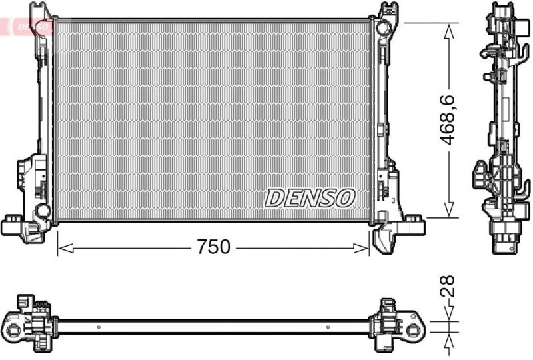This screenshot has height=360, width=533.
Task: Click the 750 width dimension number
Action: (x=213, y=247)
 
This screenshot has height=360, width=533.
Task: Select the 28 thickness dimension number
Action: (x=450, y=286)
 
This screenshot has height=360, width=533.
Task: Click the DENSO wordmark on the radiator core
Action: (x=310, y=197)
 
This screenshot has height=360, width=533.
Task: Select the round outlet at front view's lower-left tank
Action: (x=42, y=211)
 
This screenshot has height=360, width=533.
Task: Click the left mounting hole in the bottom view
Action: (x=13, y=327)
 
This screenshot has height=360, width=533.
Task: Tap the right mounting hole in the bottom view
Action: (x=414, y=327)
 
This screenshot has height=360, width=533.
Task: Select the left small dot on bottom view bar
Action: (x=98, y=327)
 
